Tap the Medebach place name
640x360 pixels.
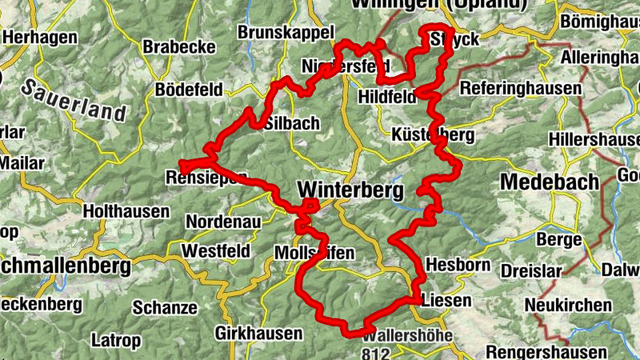click(549, 182)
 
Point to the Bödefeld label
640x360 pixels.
click(189, 90)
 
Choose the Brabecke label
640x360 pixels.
click(179, 47)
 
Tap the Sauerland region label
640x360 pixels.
click(73, 100)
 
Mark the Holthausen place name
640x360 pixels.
click(126, 212)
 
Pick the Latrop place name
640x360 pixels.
click(116, 340)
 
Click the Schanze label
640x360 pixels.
click(165, 307)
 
